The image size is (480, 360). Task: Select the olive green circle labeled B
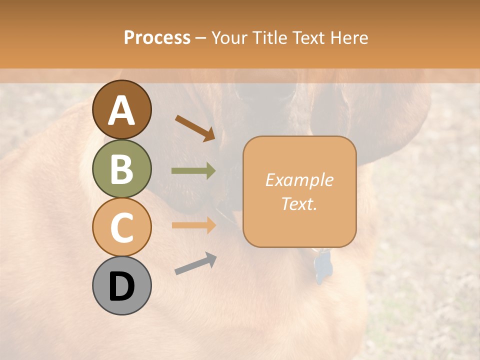click(121, 168)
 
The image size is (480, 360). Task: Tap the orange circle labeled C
click(121, 226)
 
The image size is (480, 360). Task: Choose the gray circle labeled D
click(121, 285)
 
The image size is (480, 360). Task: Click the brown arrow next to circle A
click(195, 127)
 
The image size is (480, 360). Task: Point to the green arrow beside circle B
click(194, 171)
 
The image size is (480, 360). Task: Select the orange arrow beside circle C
click(194, 225)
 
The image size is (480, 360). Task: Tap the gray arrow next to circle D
click(195, 263)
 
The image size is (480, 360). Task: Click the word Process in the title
click(157, 37)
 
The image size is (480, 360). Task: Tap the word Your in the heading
click(229, 37)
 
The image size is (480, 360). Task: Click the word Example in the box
click(299, 180)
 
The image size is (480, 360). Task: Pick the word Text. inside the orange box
click(299, 203)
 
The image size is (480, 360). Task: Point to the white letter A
click(121, 110)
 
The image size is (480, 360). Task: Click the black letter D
click(121, 286)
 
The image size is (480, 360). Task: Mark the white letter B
click(121, 169)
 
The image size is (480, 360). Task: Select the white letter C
click(121, 227)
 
